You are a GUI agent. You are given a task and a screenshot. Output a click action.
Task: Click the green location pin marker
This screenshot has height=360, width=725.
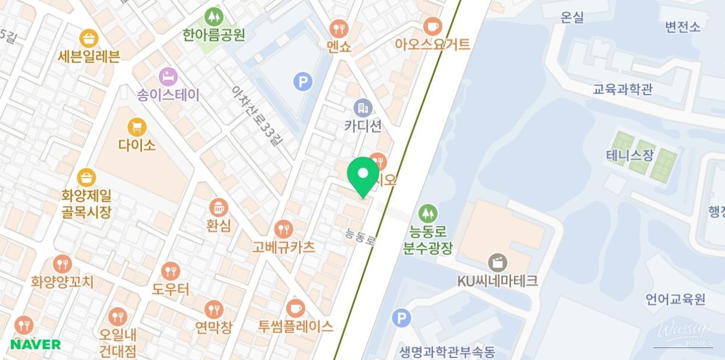362,174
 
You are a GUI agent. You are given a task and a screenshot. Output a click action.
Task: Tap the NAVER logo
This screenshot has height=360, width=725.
35,344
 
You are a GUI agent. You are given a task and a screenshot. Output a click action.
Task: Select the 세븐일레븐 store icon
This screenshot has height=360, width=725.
89,39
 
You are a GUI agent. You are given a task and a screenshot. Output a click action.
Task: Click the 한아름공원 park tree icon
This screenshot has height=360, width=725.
213,17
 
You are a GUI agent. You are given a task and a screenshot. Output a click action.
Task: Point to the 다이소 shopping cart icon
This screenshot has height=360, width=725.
137,127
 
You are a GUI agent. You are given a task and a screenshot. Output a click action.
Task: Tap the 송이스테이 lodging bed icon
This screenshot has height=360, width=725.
168,76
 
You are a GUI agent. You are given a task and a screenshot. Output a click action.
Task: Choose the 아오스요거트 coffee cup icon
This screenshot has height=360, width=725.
432,26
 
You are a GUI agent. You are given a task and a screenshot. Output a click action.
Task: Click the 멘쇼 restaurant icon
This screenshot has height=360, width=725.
339,28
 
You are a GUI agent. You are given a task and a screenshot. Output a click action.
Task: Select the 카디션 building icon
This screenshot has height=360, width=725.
362,108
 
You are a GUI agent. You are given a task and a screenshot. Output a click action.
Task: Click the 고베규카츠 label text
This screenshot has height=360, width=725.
283,247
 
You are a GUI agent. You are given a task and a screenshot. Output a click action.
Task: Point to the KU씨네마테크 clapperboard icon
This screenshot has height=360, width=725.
497,262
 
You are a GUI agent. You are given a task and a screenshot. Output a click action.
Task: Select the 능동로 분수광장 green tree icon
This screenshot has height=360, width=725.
427,213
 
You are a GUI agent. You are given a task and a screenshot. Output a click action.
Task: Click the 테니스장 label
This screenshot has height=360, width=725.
630,156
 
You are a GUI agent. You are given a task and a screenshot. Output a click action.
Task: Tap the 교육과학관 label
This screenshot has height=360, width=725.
622,89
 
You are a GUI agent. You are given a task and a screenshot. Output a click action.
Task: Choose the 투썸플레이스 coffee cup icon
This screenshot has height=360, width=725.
295,308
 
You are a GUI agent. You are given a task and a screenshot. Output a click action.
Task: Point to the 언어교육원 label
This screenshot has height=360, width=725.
676,299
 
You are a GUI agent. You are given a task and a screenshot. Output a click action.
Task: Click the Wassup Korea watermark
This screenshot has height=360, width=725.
683,332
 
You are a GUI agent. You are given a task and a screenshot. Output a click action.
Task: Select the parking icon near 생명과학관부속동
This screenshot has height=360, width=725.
401,318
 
